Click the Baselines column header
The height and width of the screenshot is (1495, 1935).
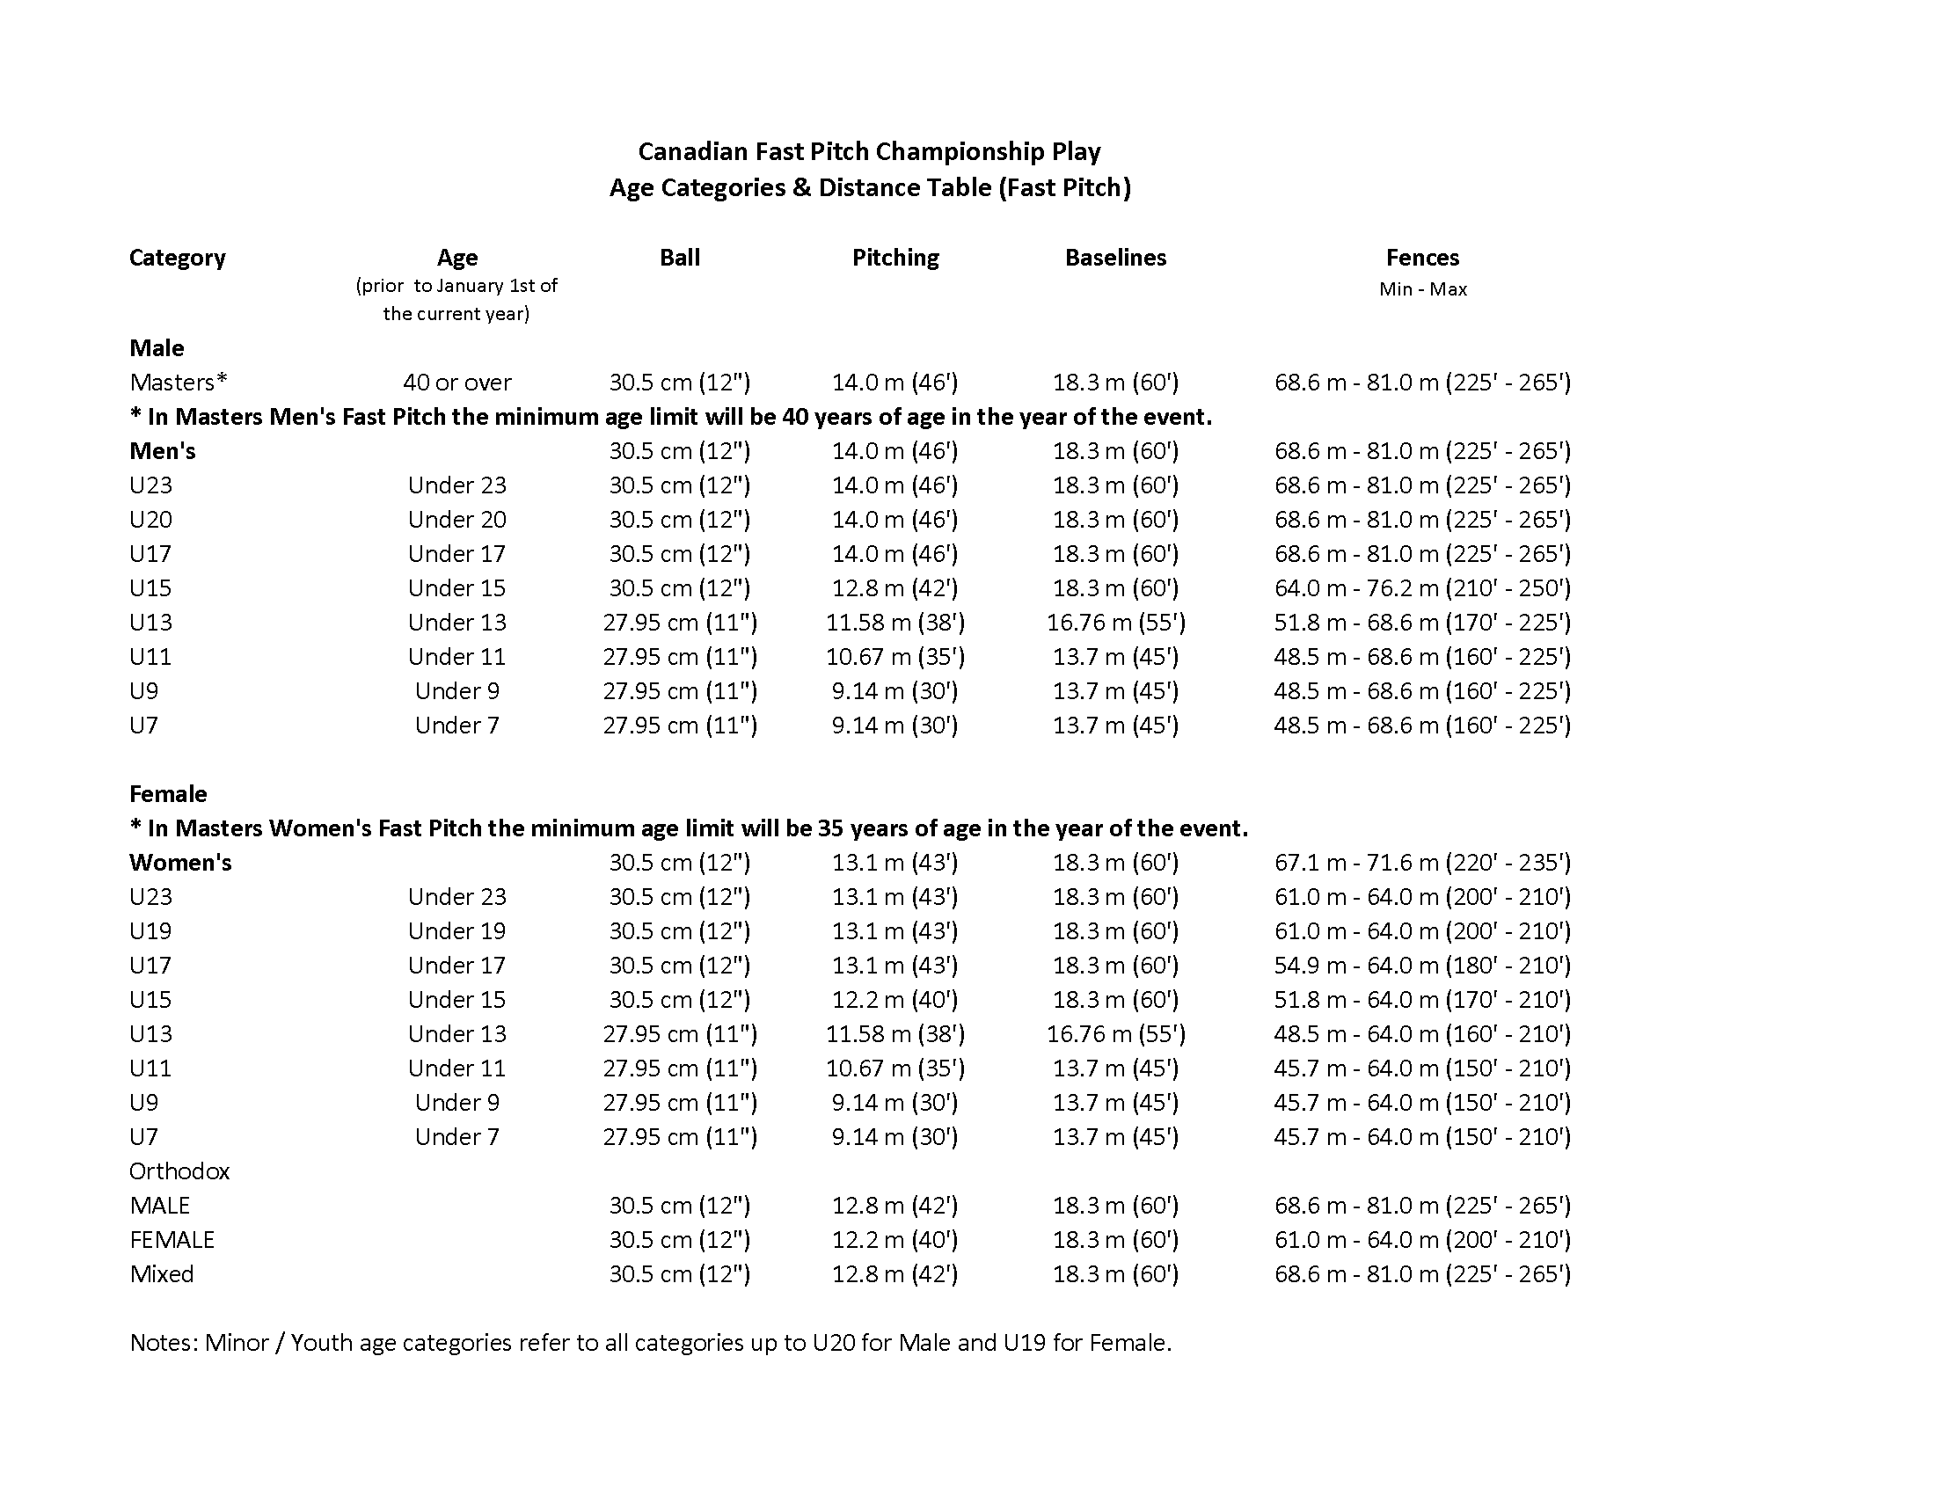click(1115, 258)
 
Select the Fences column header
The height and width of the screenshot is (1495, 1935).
click(1422, 258)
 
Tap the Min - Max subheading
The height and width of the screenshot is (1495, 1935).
click(1422, 289)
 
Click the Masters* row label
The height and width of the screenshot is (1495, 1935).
click(178, 383)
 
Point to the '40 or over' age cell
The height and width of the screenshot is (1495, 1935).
click(457, 383)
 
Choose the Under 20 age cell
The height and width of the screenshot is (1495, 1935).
click(457, 520)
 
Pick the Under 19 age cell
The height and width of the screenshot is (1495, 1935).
click(457, 931)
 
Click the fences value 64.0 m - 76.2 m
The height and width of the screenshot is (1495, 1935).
click(1422, 588)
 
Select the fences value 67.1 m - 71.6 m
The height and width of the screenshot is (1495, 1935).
click(1422, 863)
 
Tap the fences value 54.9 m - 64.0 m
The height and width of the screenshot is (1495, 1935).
click(1422, 966)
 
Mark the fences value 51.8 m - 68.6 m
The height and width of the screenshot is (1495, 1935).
click(1422, 623)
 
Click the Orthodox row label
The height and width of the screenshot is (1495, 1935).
click(179, 1171)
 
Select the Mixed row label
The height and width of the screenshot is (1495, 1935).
click(161, 1274)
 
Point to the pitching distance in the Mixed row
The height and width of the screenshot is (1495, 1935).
click(894, 1274)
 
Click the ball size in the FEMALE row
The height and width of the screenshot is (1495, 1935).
click(680, 1240)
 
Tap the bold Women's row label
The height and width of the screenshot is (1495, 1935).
click(180, 863)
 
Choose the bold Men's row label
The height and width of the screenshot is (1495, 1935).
click(163, 451)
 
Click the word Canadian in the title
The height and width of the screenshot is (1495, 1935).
click(693, 152)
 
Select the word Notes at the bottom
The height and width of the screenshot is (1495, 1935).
click(163, 1343)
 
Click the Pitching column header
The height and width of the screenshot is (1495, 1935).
click(894, 258)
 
